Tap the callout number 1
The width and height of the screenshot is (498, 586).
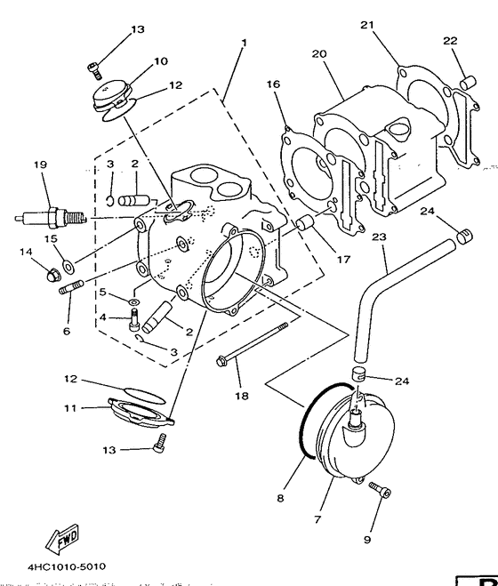click(244, 43)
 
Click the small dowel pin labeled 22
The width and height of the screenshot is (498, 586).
click(463, 84)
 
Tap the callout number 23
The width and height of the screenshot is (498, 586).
click(379, 238)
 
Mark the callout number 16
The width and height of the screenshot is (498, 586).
click(273, 84)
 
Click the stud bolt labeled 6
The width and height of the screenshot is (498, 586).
click(72, 289)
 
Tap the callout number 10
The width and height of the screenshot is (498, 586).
click(160, 61)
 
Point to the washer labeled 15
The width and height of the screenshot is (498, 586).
click(69, 263)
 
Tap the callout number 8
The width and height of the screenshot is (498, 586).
click(279, 499)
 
